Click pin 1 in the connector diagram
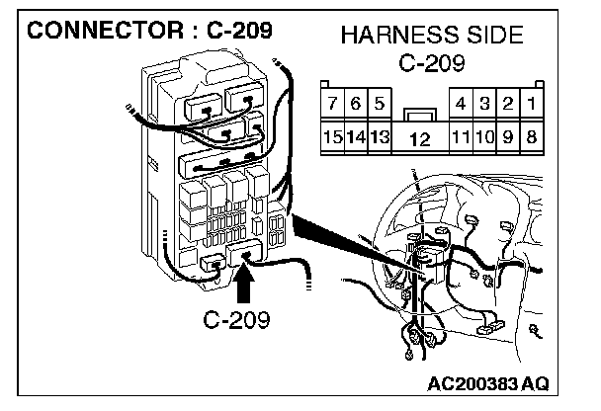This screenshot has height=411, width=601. point(531,103)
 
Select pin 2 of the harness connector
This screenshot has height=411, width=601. point(508,103)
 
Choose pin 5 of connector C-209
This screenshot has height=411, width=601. point(380,103)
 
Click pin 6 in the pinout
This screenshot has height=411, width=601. point(357,103)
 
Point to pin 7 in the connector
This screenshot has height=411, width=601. point(334,103)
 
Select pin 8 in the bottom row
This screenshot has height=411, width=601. point(531,136)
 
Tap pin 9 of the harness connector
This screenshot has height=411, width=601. point(508,136)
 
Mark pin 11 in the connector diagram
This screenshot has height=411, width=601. point(461,136)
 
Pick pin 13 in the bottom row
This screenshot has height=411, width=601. point(380,136)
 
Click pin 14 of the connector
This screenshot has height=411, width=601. point(357,136)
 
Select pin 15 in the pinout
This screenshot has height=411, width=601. point(334,136)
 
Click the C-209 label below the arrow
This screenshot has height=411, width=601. point(237,321)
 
